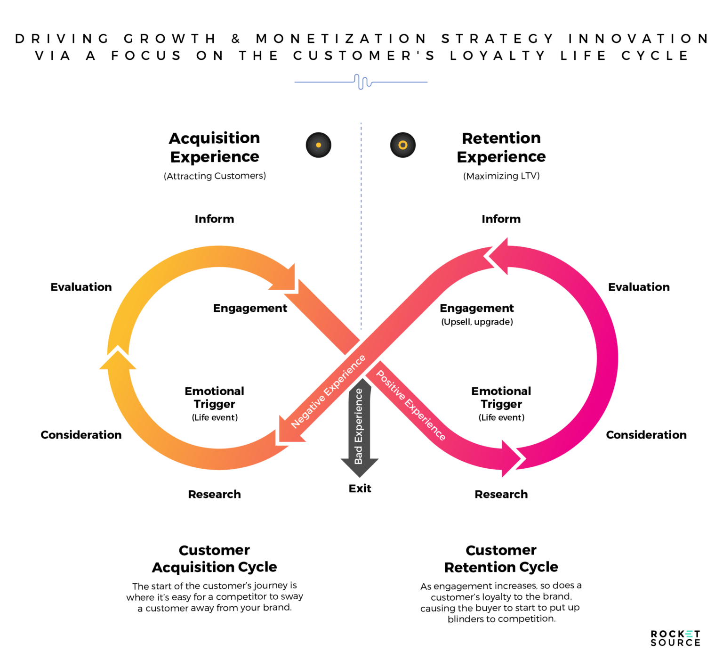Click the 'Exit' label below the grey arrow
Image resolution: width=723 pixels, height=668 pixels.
tap(360, 489)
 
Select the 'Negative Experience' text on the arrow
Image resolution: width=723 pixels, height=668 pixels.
tap(328, 392)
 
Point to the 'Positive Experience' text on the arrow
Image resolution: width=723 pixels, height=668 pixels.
tap(410, 406)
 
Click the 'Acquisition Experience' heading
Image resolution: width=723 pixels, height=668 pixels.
tap(215, 147)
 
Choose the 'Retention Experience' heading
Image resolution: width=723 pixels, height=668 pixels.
tap(501, 147)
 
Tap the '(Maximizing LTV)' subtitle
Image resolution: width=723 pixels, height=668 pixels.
tap(501, 176)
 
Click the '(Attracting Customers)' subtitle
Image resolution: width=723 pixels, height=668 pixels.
tap(215, 176)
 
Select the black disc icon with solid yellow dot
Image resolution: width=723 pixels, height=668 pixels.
tap(319, 145)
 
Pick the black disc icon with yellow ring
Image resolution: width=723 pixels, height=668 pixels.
tap(403, 145)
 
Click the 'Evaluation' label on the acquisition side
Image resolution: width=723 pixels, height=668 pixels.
tap(81, 287)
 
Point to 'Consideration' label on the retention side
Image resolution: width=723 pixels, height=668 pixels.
tap(646, 435)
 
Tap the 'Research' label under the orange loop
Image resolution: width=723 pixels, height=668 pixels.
tap(214, 494)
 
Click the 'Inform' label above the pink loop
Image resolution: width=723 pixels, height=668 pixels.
tap(501, 219)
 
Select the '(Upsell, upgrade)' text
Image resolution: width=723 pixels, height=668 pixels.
tap(477, 322)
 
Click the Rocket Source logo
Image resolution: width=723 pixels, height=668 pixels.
tap(675, 638)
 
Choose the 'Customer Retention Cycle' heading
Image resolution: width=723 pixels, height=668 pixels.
tap(501, 559)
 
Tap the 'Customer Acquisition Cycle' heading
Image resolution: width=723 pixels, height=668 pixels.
tap(214, 559)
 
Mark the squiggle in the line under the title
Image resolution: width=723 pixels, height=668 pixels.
tap(362, 82)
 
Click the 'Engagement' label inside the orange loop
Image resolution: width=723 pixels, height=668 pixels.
tap(250, 308)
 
